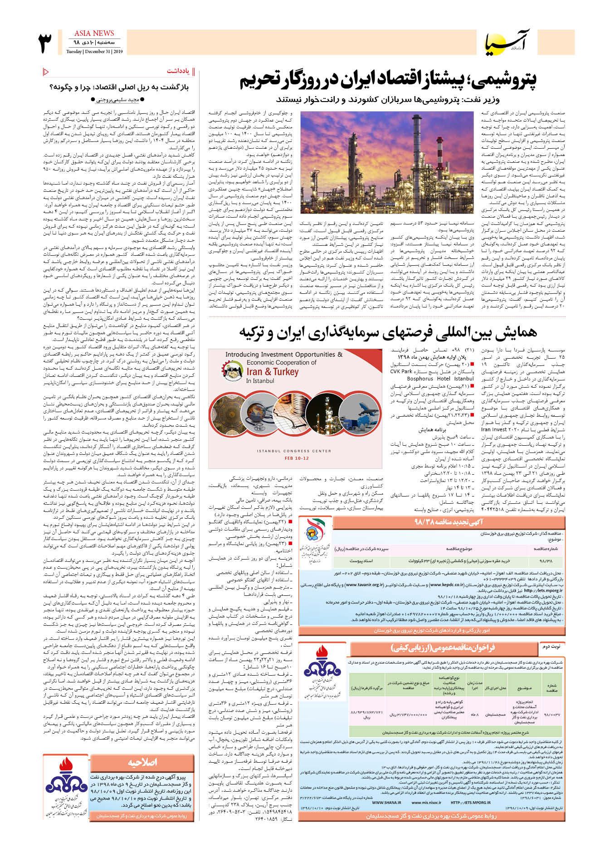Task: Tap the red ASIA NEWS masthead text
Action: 94,33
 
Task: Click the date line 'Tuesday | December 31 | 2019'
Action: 94,52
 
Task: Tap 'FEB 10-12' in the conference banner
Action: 297,458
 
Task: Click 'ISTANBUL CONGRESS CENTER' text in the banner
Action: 294,451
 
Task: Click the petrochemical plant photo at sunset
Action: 387,162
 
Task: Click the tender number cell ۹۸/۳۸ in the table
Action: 546,561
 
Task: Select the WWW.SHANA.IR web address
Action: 386,803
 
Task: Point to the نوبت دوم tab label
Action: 551,646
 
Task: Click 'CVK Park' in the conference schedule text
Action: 401,371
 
